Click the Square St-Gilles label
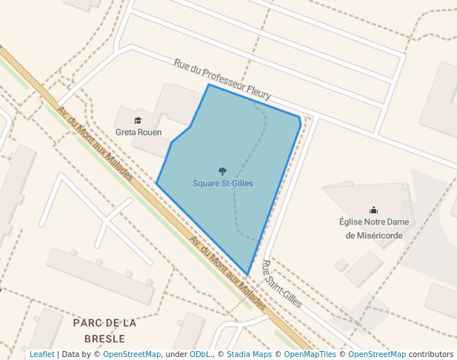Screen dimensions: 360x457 click(223, 183)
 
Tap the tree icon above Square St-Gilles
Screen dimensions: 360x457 click(222, 171)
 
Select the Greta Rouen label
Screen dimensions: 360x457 click(139, 132)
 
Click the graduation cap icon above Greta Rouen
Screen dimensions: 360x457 click(138, 120)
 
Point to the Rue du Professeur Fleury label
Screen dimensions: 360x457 click(222, 79)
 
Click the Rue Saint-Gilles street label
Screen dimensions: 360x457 click(282, 283)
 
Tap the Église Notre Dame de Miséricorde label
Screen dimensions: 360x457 click(374, 228)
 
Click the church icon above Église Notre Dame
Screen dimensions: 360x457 click(374, 210)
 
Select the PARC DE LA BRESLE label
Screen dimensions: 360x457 click(105, 330)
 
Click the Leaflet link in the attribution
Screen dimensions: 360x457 click(42, 354)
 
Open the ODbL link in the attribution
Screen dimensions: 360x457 click(200, 354)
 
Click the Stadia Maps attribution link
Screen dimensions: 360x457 click(249, 354)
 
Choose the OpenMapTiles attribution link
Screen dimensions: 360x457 click(305, 354)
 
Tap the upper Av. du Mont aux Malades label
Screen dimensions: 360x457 click(95, 144)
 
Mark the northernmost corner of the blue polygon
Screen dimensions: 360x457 click(209, 84)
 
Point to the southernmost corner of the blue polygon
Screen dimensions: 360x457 click(247, 275)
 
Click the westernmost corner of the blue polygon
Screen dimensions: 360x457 click(156, 183)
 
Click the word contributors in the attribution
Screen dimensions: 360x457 click(431, 354)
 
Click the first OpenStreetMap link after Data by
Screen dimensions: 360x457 click(132, 354)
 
